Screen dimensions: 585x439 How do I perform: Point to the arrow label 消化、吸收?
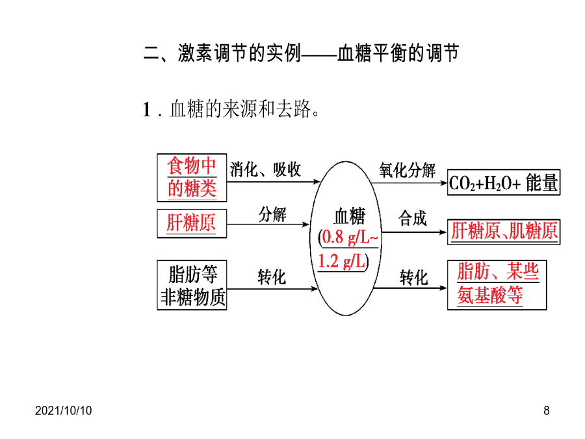tap(265, 170)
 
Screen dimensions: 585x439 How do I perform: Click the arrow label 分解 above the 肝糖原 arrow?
tap(272, 214)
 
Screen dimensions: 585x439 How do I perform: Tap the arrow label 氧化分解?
tap(408, 170)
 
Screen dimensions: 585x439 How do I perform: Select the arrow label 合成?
tap(412, 218)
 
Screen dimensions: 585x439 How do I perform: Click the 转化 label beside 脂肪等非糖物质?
tap(272, 277)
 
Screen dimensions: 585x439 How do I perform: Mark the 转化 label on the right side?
tap(414, 278)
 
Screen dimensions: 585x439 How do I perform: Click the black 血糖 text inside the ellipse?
tap(350, 217)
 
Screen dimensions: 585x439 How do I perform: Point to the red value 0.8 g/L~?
tap(350, 237)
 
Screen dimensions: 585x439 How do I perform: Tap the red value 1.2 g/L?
tap(341, 261)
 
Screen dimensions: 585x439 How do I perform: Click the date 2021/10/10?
tap(64, 410)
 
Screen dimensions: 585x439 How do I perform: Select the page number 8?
tap(547, 410)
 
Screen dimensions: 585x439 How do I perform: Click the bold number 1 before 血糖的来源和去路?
tap(147, 110)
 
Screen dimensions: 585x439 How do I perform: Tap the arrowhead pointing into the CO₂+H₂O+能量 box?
tap(443, 183)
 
